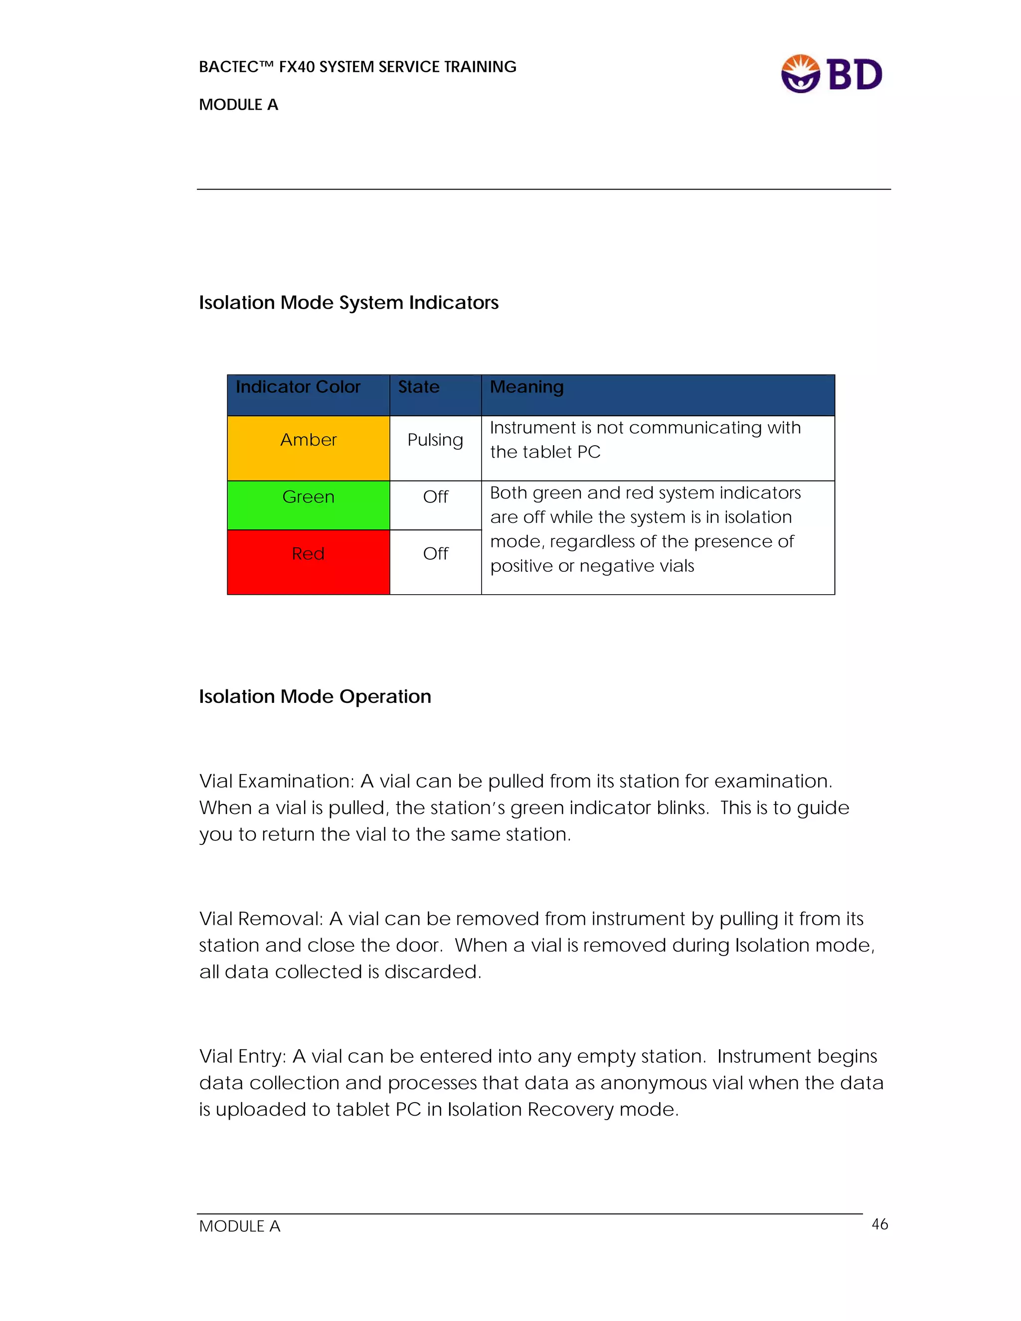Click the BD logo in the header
[832, 74]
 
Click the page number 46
[879, 1224]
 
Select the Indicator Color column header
[298, 387]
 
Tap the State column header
[419, 387]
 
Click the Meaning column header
[526, 387]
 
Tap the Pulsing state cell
[435, 440]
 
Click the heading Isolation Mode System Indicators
[348, 303]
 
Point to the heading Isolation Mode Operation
[315, 697]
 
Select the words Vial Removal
[261, 919]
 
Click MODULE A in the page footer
[239, 1226]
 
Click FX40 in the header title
[297, 67]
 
